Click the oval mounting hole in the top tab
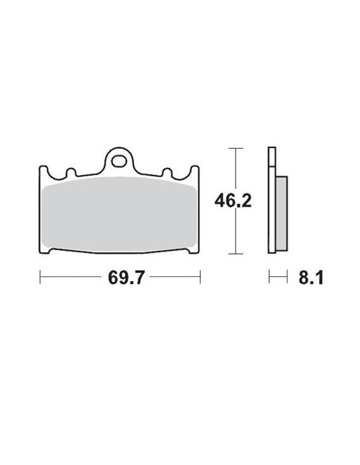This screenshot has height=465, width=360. (x=119, y=160)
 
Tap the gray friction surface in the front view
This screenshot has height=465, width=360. (x=119, y=215)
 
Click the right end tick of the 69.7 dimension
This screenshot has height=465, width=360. (x=199, y=278)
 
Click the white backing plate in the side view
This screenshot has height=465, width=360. (x=272, y=203)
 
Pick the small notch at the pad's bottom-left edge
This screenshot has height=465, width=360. (x=53, y=254)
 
